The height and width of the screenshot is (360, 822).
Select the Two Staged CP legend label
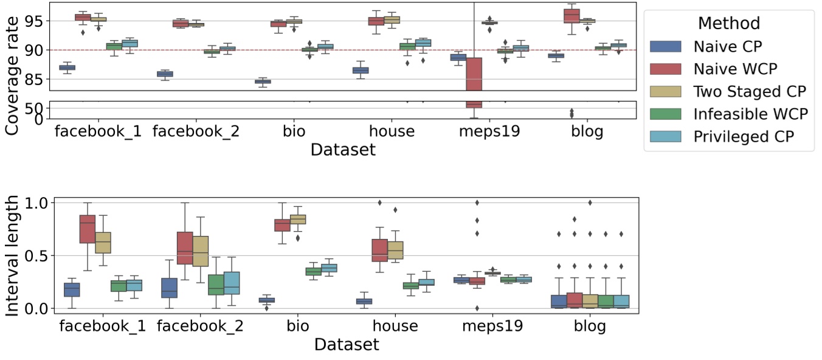coord(750,92)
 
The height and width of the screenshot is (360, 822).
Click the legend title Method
coord(728,24)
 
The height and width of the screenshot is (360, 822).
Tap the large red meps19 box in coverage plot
coord(474,73)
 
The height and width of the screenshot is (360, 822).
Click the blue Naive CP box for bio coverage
coord(263,81)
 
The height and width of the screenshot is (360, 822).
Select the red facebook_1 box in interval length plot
coord(88,229)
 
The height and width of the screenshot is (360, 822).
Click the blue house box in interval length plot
coord(364,301)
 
